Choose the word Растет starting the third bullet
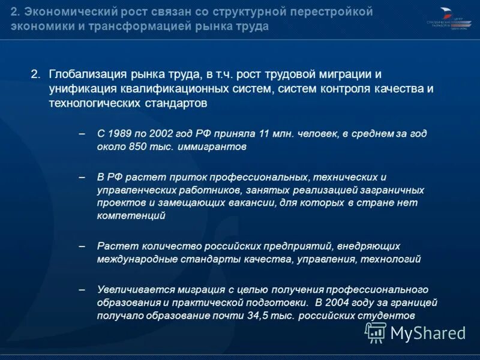(x=113, y=247)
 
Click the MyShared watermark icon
(x=376, y=332)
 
